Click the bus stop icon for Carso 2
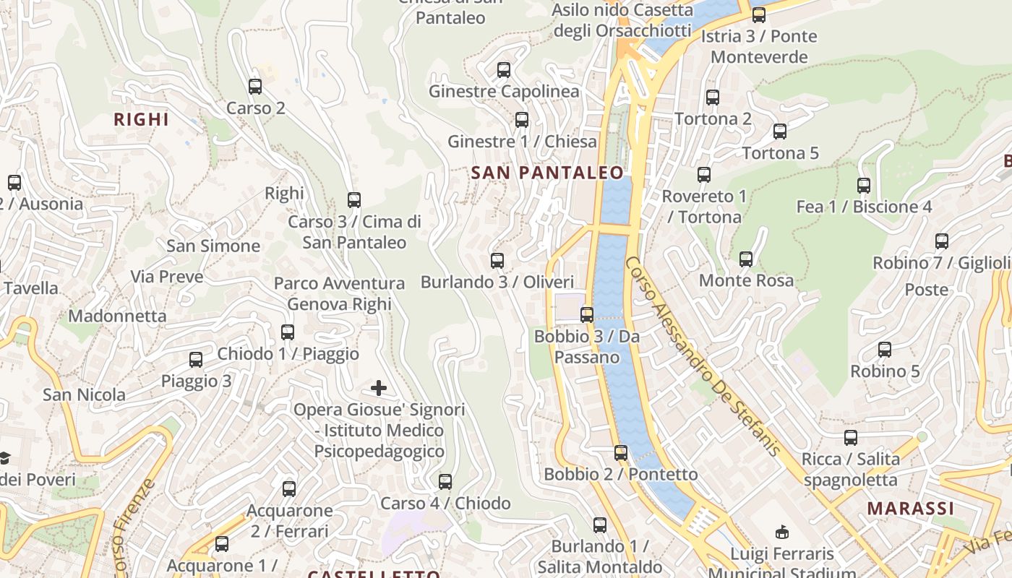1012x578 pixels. pyautogui.click(x=255, y=87)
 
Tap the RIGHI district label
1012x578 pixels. pyautogui.click(x=142, y=120)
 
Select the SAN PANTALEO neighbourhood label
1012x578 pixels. pyautogui.click(x=547, y=173)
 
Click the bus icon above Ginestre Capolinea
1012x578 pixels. pyautogui.click(x=504, y=70)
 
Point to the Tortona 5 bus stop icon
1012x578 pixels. pyautogui.click(x=780, y=131)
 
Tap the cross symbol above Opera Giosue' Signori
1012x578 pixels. pyautogui.click(x=379, y=389)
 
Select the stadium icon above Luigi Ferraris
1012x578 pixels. pyautogui.click(x=781, y=532)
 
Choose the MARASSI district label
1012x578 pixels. pyautogui.click(x=911, y=509)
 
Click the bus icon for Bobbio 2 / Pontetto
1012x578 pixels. pyautogui.click(x=621, y=453)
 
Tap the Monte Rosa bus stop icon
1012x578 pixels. pyautogui.click(x=746, y=259)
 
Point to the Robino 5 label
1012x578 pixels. pyautogui.click(x=885, y=371)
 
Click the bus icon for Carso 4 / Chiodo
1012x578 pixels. pyautogui.click(x=445, y=482)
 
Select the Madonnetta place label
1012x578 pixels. pyautogui.click(x=117, y=316)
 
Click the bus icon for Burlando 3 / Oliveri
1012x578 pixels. pyautogui.click(x=497, y=261)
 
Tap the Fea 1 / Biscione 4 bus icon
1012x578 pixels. pyautogui.click(x=864, y=186)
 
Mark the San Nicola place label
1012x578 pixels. pyautogui.click(x=84, y=395)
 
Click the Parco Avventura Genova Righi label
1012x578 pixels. pyautogui.click(x=339, y=294)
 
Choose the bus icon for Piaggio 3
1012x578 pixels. pyautogui.click(x=196, y=360)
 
